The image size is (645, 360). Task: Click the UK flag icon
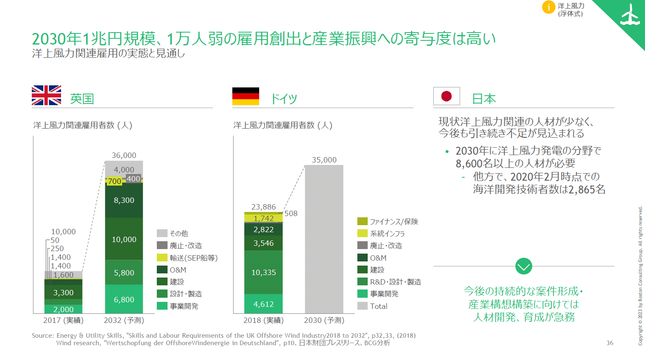(x=46, y=95)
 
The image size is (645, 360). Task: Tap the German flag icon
(x=246, y=96)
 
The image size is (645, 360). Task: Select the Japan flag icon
(x=447, y=96)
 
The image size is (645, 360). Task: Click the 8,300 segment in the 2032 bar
(x=124, y=200)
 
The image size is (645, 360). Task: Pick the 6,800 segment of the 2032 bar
(x=124, y=300)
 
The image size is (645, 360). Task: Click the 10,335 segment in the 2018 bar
(x=263, y=273)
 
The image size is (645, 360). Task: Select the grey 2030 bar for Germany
(x=324, y=239)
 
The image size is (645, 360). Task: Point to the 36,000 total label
(x=124, y=155)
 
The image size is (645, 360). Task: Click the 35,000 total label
(x=324, y=160)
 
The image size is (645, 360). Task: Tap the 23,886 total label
(x=263, y=207)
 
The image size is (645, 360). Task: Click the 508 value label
(x=291, y=214)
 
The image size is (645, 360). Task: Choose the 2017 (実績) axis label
(x=63, y=320)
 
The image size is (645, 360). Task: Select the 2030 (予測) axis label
(x=324, y=320)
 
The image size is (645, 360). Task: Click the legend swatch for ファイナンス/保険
(x=362, y=221)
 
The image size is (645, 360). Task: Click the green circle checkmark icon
(x=524, y=266)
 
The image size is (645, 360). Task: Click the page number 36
(x=610, y=343)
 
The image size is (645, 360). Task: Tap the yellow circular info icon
(x=548, y=7)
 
